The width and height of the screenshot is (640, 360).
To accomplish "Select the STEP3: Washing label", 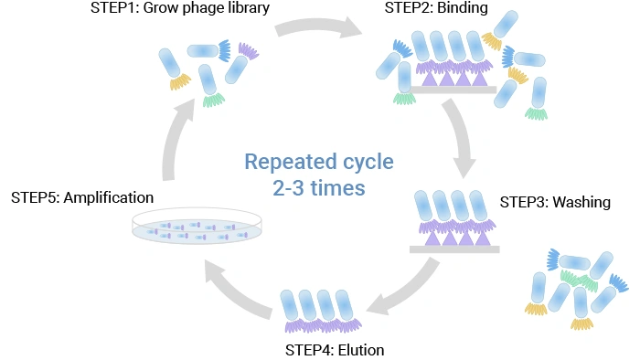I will pos(555,201).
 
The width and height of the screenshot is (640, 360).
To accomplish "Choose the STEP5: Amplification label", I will pos(82,196).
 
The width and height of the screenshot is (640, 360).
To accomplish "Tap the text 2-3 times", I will pos(317,189).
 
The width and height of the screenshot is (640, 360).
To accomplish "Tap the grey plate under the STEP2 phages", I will pos(453,90).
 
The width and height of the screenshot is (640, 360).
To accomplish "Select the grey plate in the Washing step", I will pos(453,249).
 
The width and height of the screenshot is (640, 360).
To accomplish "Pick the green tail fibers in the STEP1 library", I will pos(214,100).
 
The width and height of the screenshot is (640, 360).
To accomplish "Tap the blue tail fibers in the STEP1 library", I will pos(224,51).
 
